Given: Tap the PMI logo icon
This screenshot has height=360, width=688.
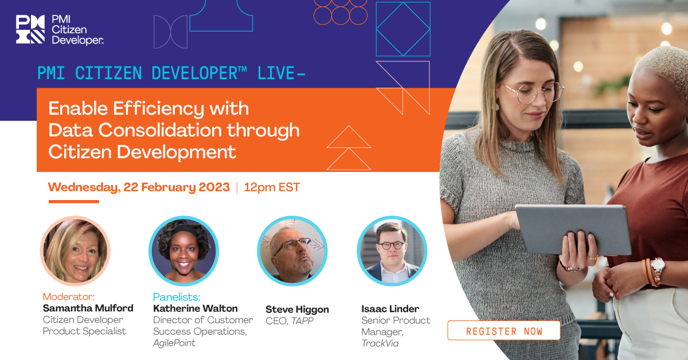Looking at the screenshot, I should point(30,29).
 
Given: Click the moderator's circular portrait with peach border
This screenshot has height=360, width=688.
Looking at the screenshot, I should point(75,251).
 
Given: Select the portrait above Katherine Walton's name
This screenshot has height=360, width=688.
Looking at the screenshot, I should point(183,251).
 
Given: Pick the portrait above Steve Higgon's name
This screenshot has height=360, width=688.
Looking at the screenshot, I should point(292,251).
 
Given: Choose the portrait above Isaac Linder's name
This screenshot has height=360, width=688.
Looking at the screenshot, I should point(392,251).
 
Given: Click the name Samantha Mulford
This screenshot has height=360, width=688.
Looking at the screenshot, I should point(88,308).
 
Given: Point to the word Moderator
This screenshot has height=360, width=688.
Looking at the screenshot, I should point(68,297).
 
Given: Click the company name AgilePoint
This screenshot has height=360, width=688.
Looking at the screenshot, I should point(174,343).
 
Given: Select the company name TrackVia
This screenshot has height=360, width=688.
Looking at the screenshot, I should point(380,343).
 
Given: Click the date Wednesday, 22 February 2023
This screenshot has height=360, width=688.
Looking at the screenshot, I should point(139,187).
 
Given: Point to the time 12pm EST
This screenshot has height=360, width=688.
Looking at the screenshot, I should point(271,187).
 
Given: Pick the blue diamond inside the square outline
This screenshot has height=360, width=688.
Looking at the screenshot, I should point(403,29).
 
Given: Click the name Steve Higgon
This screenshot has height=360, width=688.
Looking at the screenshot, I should point(297,310).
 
